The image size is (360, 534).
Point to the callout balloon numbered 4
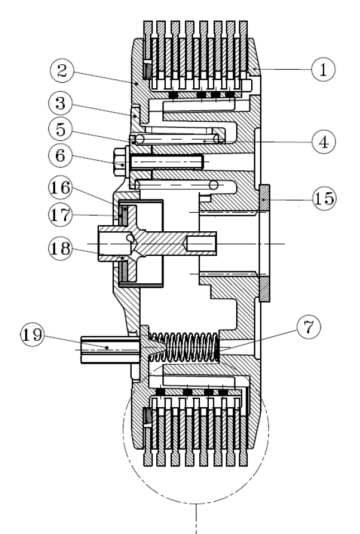point(323,141)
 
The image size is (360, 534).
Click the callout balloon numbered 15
point(323,198)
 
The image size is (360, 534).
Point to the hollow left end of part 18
point(111,244)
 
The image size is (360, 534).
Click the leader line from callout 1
point(285,69)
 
